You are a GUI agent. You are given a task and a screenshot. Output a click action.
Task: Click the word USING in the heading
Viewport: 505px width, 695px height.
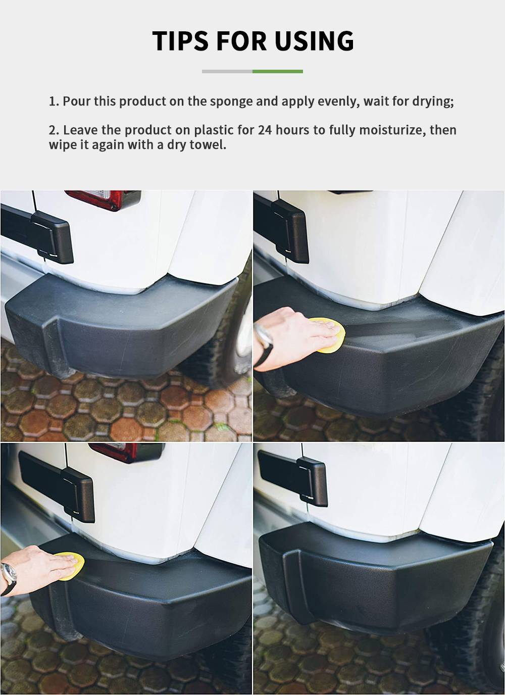coord(314,40)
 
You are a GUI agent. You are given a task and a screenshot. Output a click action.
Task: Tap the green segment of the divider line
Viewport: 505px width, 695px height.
coord(278,71)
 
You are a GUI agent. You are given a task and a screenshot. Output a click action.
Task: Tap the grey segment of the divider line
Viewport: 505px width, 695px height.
coord(227,71)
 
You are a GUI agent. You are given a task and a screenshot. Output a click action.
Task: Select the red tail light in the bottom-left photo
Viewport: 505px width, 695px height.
coord(127,453)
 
